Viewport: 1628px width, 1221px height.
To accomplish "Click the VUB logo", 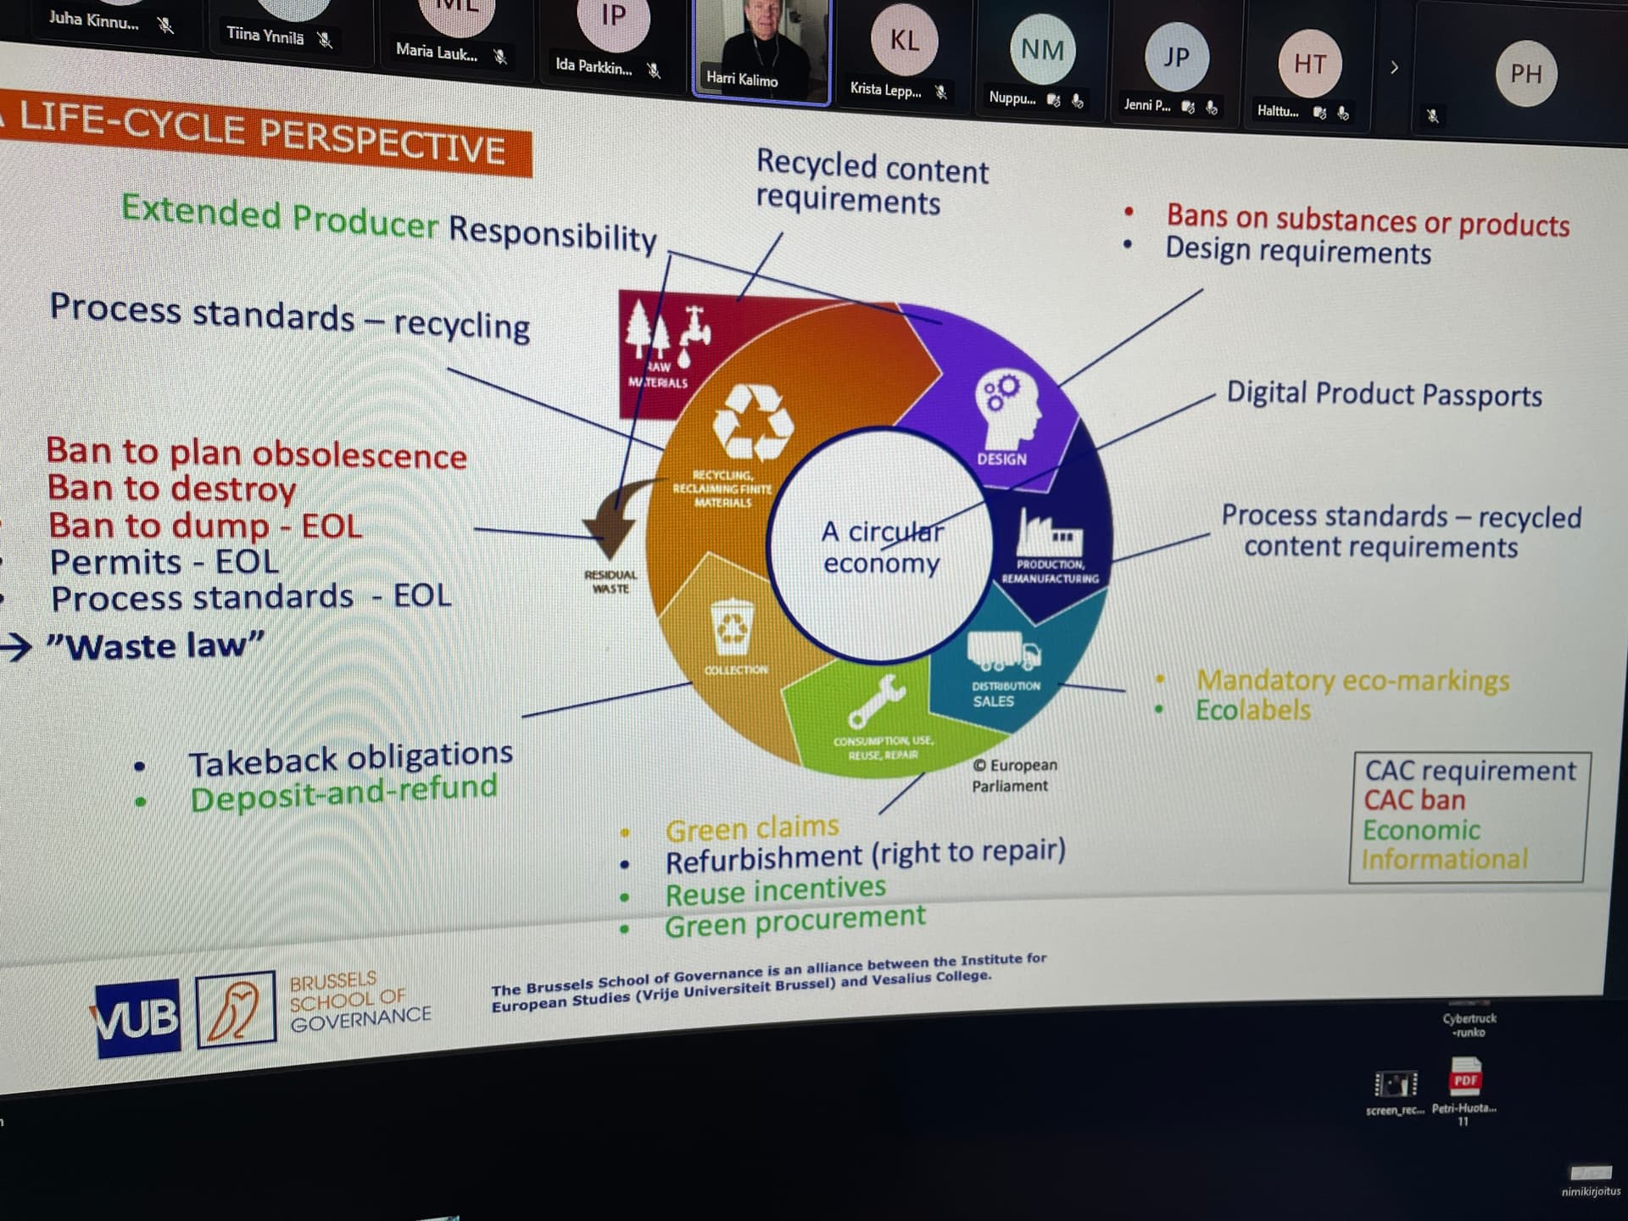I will pyautogui.click(x=137, y=1017).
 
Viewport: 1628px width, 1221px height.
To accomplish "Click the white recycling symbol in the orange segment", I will pyautogui.click(x=752, y=422).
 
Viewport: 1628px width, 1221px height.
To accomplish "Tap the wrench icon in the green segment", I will pyautogui.click(x=877, y=700).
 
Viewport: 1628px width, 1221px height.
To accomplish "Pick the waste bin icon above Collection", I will pyautogui.click(x=732, y=627).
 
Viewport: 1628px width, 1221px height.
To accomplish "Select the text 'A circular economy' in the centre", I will pyautogui.click(x=881, y=547).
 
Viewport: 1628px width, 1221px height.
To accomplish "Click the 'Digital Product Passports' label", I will pyautogui.click(x=1384, y=394).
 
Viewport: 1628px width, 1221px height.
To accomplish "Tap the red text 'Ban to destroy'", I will pyautogui.click(x=171, y=488).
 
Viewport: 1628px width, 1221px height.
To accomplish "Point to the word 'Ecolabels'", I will pyautogui.click(x=1252, y=710).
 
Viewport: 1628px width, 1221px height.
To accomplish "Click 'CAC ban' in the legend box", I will pyautogui.click(x=1413, y=800).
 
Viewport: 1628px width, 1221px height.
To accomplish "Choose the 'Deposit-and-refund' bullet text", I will pyautogui.click(x=343, y=793).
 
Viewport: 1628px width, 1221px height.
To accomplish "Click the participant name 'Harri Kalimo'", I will pyautogui.click(x=742, y=80).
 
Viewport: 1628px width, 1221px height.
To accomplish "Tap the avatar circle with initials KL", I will pyautogui.click(x=904, y=40).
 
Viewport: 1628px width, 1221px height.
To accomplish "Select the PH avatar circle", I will pyautogui.click(x=1526, y=74).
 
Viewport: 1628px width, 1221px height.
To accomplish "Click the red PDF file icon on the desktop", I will pyautogui.click(x=1465, y=1078).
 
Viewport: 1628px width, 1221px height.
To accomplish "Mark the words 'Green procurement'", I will pyautogui.click(x=794, y=921).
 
